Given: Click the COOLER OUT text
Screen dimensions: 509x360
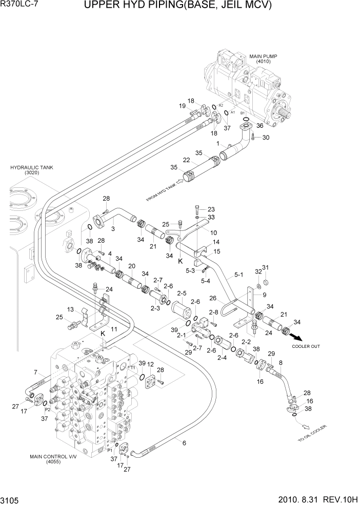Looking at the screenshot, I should [306, 346].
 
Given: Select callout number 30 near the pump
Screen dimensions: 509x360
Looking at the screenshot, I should [265, 138].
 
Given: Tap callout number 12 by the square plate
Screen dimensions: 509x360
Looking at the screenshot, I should [151, 364].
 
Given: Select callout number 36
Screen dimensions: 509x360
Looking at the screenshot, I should [259, 125].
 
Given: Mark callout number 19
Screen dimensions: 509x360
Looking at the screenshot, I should [182, 106].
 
